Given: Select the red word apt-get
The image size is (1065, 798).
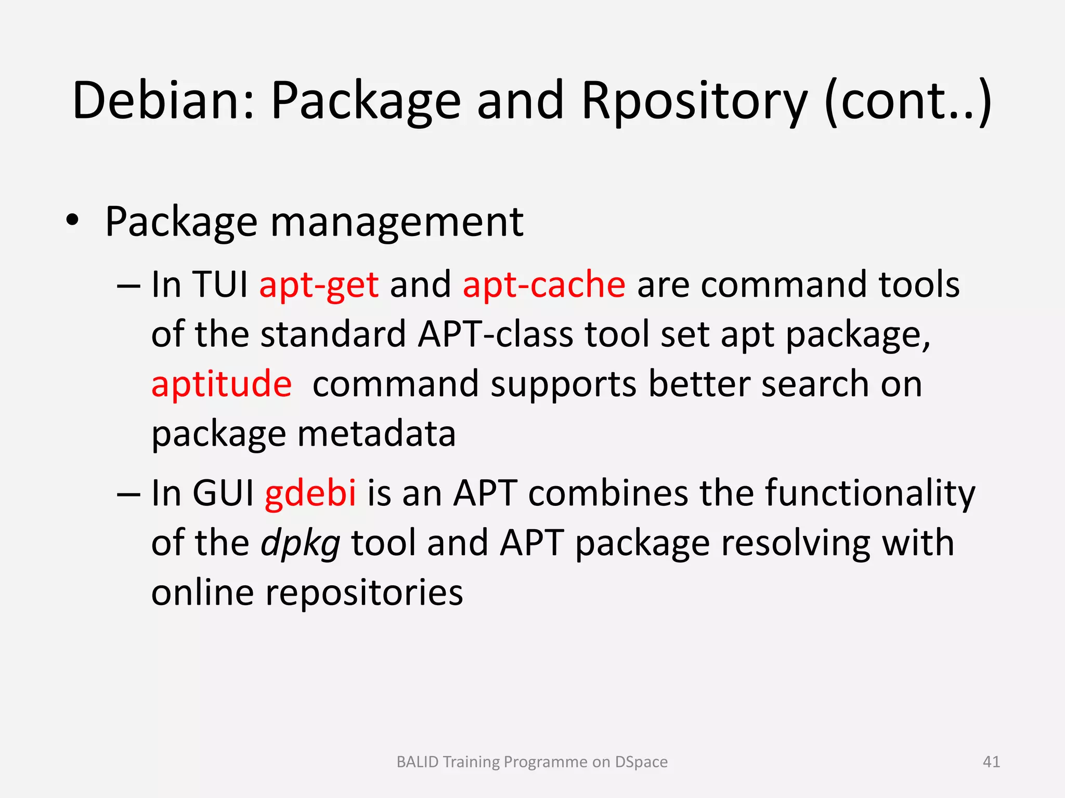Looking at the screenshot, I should pyautogui.click(x=319, y=285).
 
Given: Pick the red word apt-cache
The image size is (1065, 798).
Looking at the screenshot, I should pyautogui.click(x=544, y=285).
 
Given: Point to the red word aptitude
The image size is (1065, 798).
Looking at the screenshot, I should pyautogui.click(x=222, y=384).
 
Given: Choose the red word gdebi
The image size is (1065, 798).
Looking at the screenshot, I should pyautogui.click(x=310, y=492).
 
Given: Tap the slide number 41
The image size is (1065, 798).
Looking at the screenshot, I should pyautogui.click(x=991, y=762).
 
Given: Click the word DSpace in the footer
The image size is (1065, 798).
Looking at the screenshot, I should pyautogui.click(x=641, y=762).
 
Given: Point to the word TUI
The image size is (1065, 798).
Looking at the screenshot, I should pyautogui.click(x=220, y=285).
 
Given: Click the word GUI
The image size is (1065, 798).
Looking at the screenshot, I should pyautogui.click(x=223, y=492).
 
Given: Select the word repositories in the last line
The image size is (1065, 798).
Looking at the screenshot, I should pyautogui.click(x=364, y=593).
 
